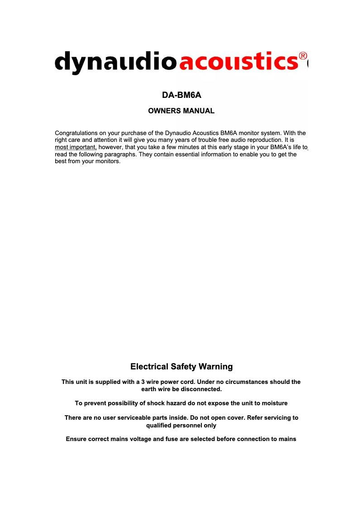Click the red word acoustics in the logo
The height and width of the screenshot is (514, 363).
point(239,62)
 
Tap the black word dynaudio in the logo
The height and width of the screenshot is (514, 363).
point(115,62)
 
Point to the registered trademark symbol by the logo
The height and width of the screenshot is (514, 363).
point(303,58)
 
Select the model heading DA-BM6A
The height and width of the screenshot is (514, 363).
point(181,96)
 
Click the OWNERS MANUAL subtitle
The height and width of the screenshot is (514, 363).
point(181,111)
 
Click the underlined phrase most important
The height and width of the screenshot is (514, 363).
point(76,147)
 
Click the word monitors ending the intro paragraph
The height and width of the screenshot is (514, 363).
point(108,162)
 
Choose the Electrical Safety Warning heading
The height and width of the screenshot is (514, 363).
point(181,367)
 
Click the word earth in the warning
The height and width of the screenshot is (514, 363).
point(149,389)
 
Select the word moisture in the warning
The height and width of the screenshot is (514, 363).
point(273,403)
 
